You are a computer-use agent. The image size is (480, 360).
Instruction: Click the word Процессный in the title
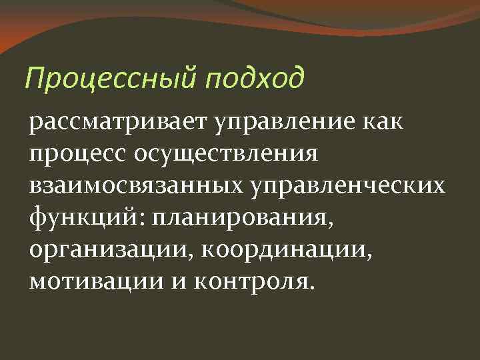click(110, 81)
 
